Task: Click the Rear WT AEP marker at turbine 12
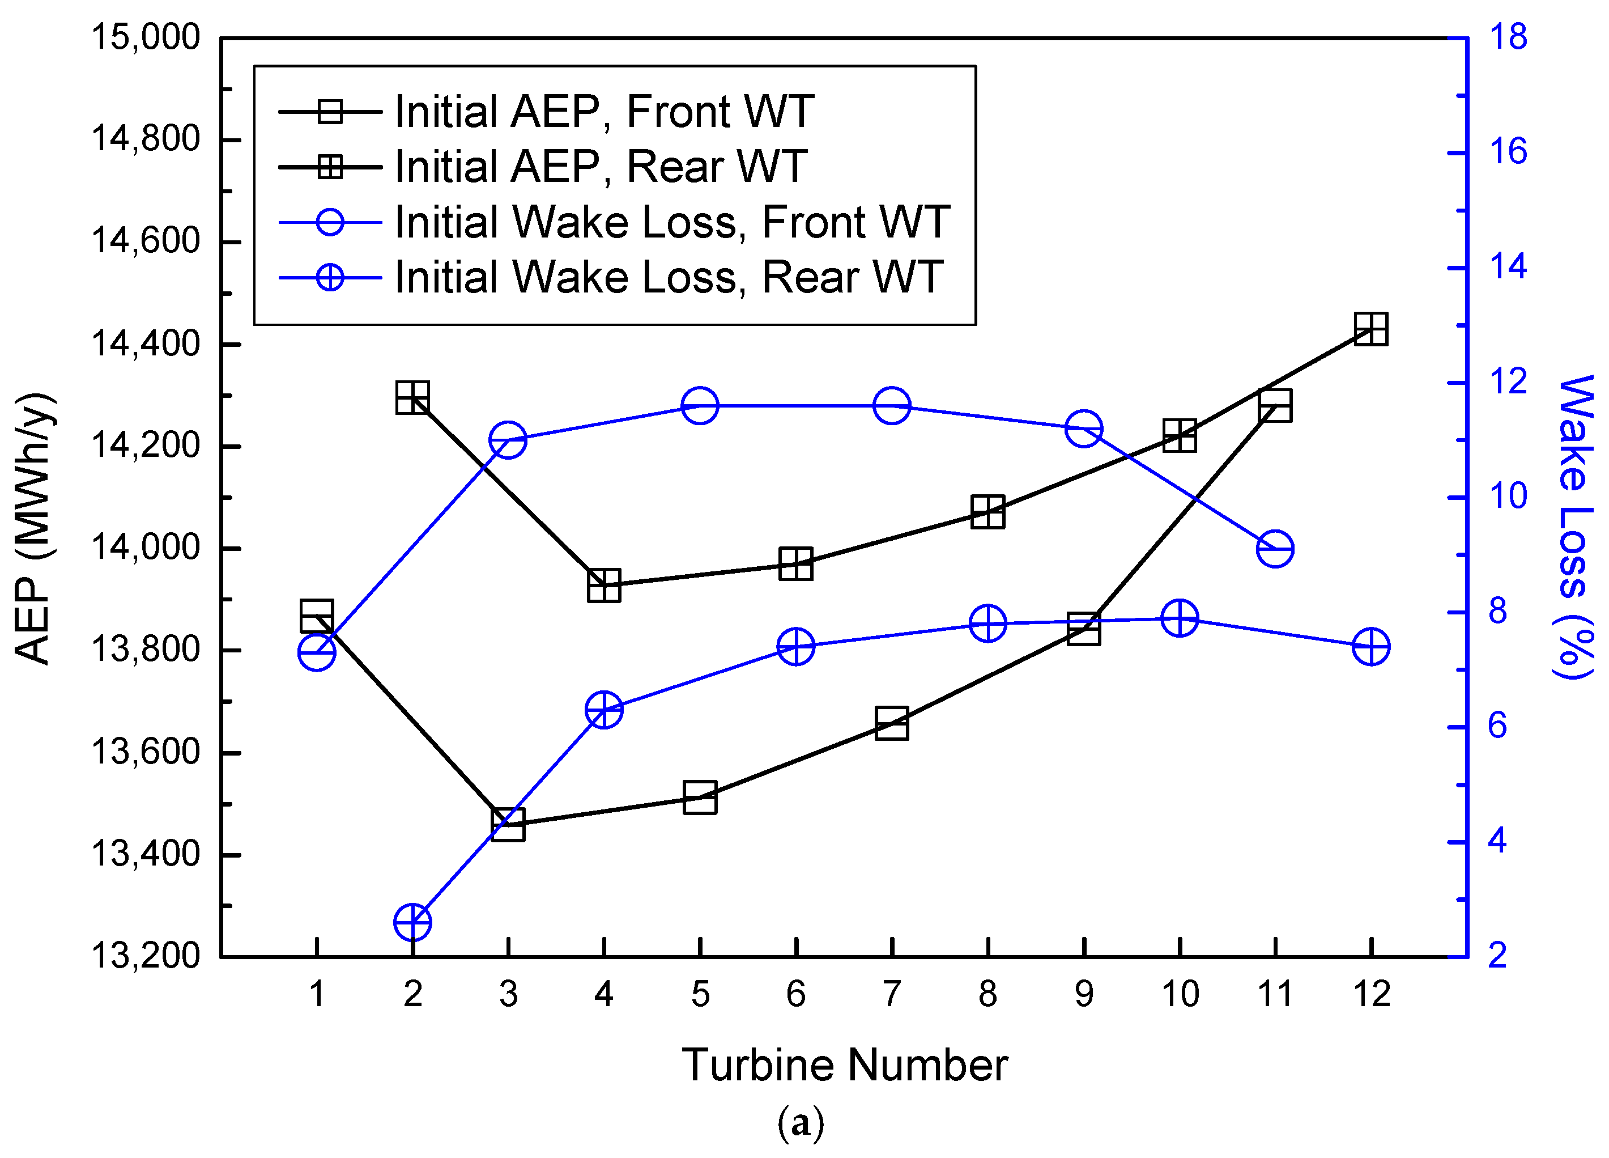(x=1370, y=329)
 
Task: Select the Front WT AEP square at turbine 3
(x=508, y=825)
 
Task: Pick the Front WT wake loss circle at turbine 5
(x=700, y=406)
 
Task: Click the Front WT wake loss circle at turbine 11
(x=1274, y=549)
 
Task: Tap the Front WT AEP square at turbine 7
(x=891, y=724)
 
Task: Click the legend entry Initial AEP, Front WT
(x=603, y=112)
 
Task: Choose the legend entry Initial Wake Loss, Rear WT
(x=667, y=277)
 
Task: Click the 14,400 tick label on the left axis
(x=146, y=344)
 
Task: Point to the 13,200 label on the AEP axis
(x=146, y=956)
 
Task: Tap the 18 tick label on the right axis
(x=1508, y=37)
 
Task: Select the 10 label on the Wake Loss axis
(x=1508, y=496)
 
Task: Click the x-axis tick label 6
(x=795, y=995)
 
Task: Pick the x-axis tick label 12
(x=1370, y=995)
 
